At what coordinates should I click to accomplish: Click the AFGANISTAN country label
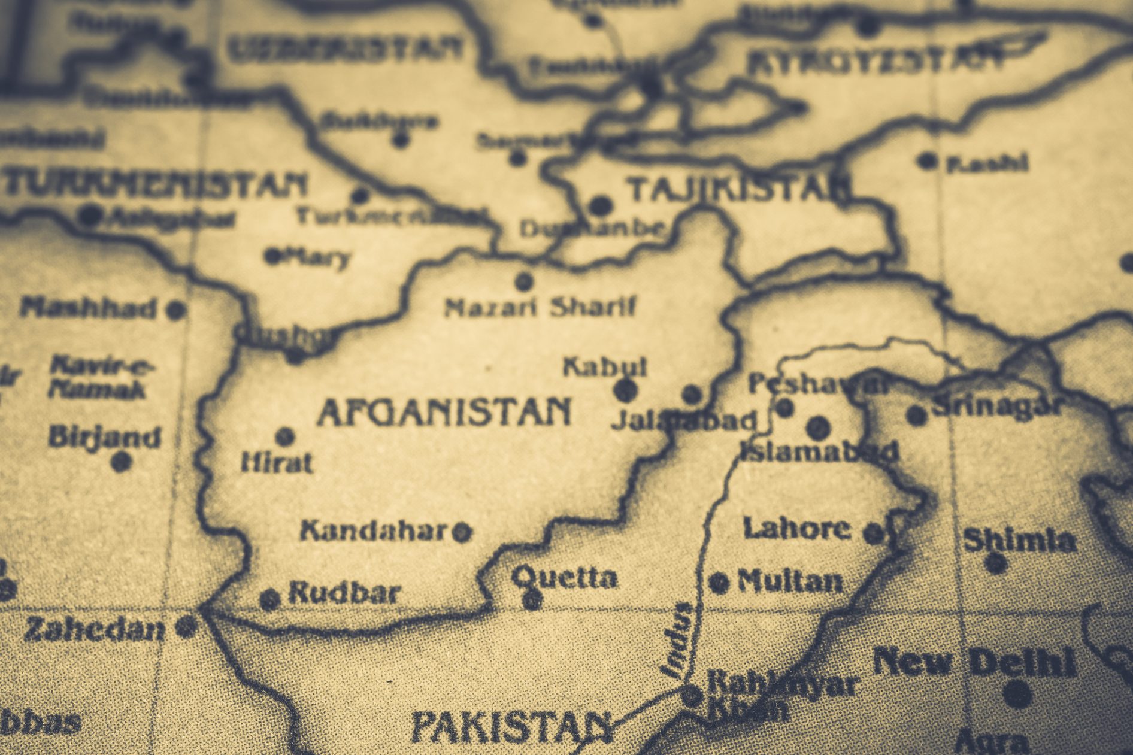(x=444, y=413)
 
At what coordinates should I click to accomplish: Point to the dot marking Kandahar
(x=462, y=531)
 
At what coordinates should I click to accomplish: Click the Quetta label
(x=564, y=577)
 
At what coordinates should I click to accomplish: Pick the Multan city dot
(x=719, y=582)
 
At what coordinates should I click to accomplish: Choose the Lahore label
(x=796, y=528)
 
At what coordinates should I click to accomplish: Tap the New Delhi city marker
(x=1017, y=694)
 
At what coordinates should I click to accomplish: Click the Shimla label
(x=1019, y=541)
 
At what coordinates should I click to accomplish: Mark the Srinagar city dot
(x=916, y=415)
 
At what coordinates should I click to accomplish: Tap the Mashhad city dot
(x=175, y=310)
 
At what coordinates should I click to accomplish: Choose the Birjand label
(x=105, y=437)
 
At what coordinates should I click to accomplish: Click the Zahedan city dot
(x=186, y=627)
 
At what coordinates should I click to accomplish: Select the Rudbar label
(x=344, y=593)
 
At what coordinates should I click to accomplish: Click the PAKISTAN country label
(x=512, y=727)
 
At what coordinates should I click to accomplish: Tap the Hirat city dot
(x=285, y=436)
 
